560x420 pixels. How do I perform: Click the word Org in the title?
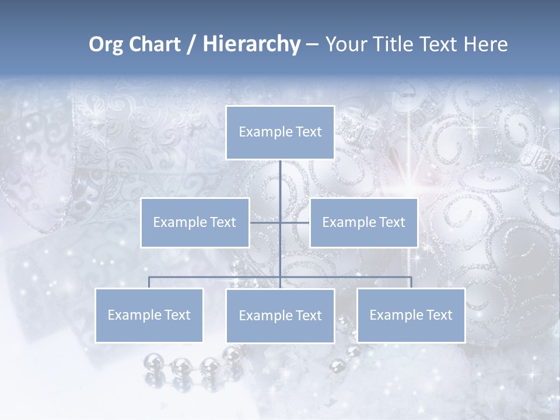point(106,44)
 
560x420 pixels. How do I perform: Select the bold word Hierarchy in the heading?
point(251,44)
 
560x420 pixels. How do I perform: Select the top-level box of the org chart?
point(280,132)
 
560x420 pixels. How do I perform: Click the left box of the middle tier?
point(195,222)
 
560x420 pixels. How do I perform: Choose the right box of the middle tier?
point(363,222)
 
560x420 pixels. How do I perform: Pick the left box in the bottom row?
point(149,315)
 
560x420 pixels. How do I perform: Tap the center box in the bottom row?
point(280,316)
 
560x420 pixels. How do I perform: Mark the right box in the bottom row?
point(411,315)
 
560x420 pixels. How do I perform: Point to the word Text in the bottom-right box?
point(439,315)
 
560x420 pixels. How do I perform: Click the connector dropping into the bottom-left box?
point(149,282)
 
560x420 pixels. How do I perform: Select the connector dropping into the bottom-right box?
point(411,282)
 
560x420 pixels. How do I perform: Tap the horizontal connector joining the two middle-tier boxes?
point(266,222)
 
